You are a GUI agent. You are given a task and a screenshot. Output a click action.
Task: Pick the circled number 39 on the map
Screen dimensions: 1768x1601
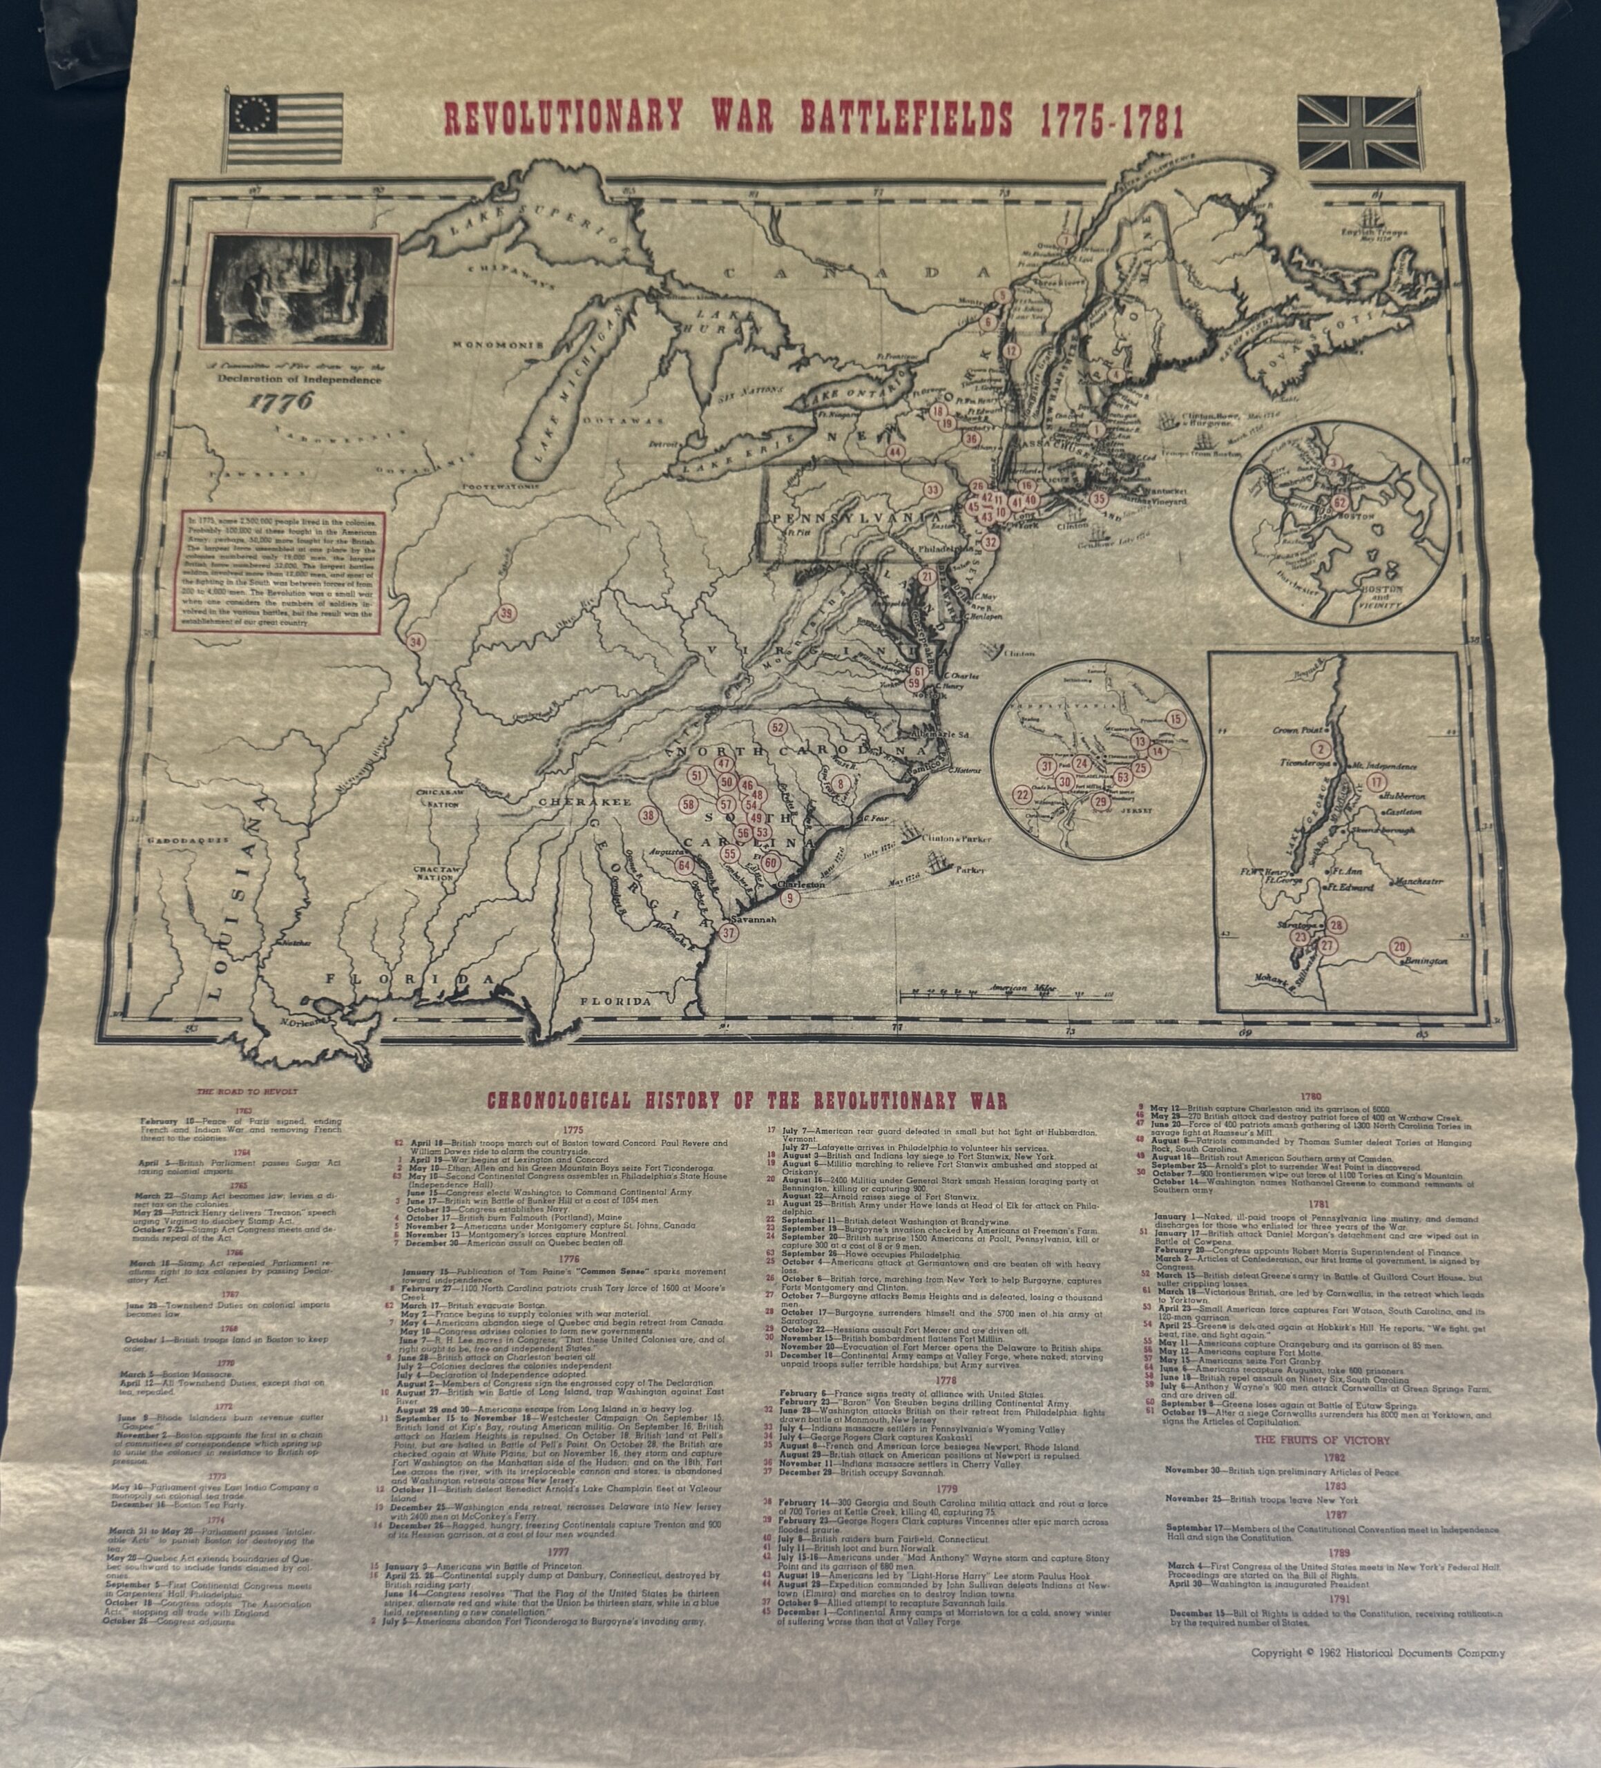506,613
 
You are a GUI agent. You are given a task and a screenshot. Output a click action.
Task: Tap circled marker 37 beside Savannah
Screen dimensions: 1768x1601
727,933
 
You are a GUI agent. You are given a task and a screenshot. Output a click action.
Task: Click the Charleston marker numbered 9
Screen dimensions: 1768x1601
789,897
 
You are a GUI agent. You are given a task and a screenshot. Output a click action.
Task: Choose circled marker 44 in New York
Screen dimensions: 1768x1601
895,452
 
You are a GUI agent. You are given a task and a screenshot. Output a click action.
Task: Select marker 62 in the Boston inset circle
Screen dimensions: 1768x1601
1339,503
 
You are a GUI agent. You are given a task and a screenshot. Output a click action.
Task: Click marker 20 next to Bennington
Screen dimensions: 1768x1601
1399,946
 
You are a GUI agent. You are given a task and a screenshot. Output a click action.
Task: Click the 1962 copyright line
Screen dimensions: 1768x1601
1377,1653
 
